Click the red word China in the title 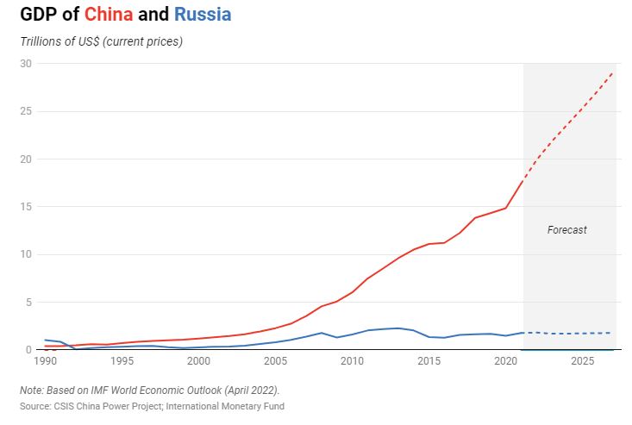(109, 15)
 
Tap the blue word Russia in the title (203, 15)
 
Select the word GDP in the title (38, 15)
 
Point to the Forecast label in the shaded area (566, 230)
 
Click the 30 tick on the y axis (26, 64)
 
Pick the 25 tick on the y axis (26, 111)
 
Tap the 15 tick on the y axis (26, 207)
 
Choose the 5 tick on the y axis (28, 302)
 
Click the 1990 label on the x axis (45, 361)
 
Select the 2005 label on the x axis (275, 361)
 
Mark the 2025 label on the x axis (583, 361)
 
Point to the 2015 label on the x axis (429, 361)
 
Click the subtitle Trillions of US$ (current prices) (101, 41)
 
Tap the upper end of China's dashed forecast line (613, 72)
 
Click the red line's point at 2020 (505, 208)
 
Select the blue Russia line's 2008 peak (322, 333)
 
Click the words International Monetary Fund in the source (225, 406)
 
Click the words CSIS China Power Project (108, 406)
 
